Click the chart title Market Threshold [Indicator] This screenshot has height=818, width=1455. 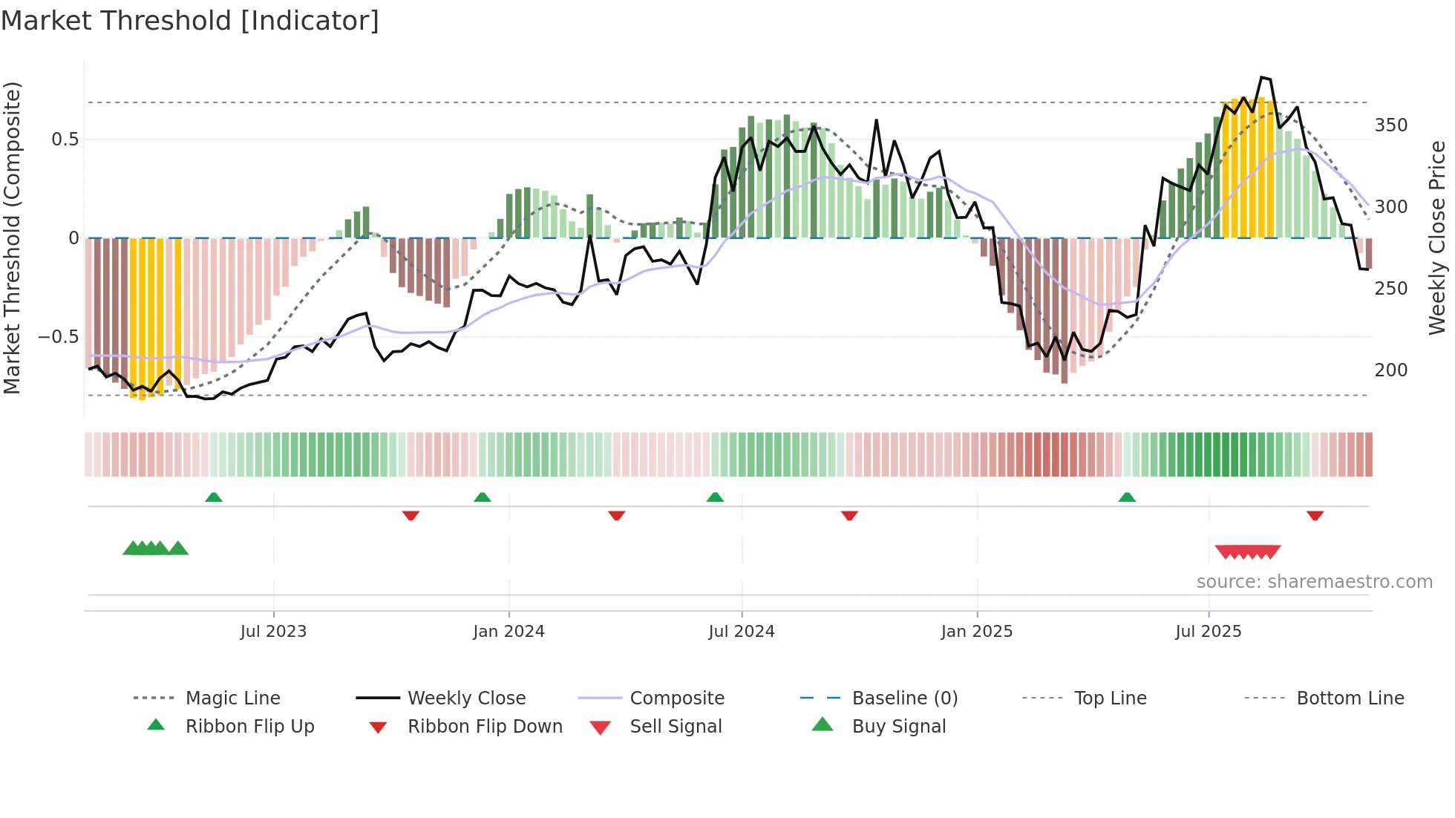(x=190, y=21)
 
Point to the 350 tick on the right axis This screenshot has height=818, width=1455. (x=1390, y=125)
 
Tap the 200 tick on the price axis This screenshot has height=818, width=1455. (x=1390, y=370)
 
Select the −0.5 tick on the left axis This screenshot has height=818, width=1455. (x=58, y=337)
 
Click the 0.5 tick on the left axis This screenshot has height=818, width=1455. (x=65, y=140)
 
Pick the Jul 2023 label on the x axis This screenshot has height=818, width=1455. (x=273, y=632)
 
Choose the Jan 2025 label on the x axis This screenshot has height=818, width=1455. (x=976, y=632)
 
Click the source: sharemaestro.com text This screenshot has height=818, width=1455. (x=1314, y=582)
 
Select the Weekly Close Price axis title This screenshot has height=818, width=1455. (x=1437, y=238)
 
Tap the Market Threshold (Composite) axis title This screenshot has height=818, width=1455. (x=12, y=238)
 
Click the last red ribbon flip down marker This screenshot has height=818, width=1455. (x=1315, y=515)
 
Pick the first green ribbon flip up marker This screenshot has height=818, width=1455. (x=214, y=497)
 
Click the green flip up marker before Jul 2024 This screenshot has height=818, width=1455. (x=715, y=497)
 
